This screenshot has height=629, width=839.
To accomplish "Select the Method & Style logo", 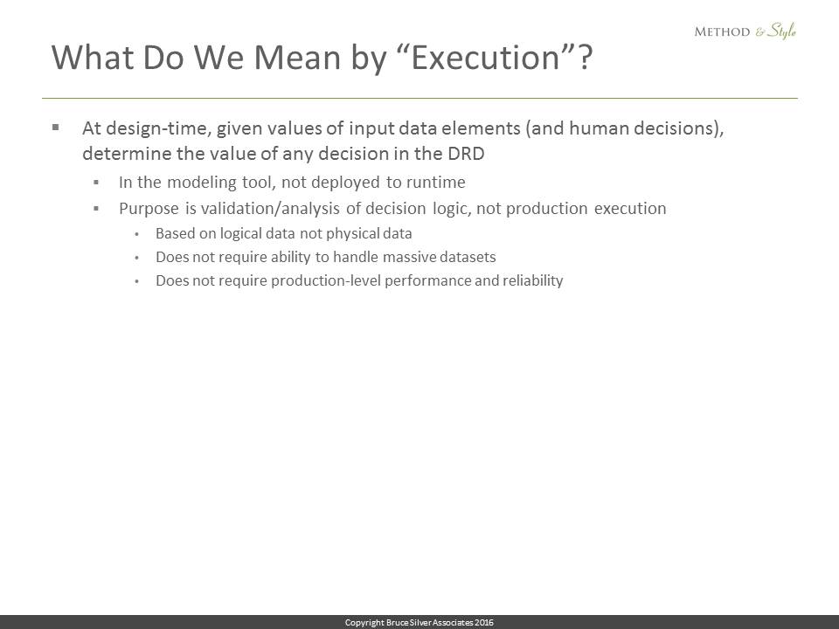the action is click(x=745, y=31).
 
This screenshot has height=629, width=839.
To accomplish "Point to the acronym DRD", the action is click(x=466, y=154).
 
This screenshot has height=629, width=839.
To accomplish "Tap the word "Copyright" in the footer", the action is click(x=364, y=623).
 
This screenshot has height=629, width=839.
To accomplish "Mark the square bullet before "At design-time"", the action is click(x=56, y=128).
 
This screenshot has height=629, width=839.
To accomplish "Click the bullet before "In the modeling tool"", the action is click(x=96, y=183).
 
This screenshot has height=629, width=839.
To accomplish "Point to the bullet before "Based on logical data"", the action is click(x=137, y=234).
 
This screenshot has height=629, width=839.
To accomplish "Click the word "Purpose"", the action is click(x=149, y=209).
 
